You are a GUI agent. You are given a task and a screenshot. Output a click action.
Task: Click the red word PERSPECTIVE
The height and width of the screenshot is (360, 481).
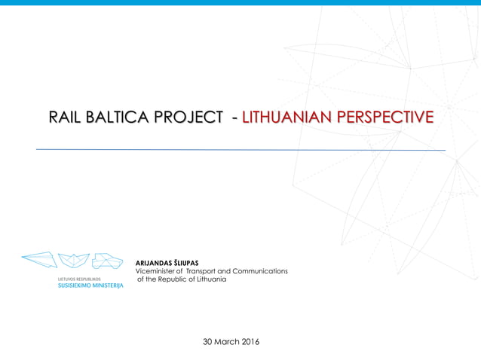click(384, 117)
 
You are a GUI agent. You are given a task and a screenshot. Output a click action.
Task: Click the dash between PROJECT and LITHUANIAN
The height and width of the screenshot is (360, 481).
click(236, 118)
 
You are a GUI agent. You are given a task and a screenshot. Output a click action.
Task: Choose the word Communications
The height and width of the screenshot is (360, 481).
click(260, 271)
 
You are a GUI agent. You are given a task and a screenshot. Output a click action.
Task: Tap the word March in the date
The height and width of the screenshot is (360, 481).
click(227, 342)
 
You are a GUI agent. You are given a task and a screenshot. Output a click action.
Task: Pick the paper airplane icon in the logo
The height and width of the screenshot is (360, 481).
click(38, 260)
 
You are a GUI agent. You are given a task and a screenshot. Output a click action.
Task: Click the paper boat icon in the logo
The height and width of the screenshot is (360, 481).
click(73, 261)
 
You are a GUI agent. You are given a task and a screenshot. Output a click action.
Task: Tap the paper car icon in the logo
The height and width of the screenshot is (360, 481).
click(107, 261)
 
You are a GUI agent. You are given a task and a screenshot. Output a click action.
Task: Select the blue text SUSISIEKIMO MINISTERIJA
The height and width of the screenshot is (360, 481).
click(90, 286)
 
